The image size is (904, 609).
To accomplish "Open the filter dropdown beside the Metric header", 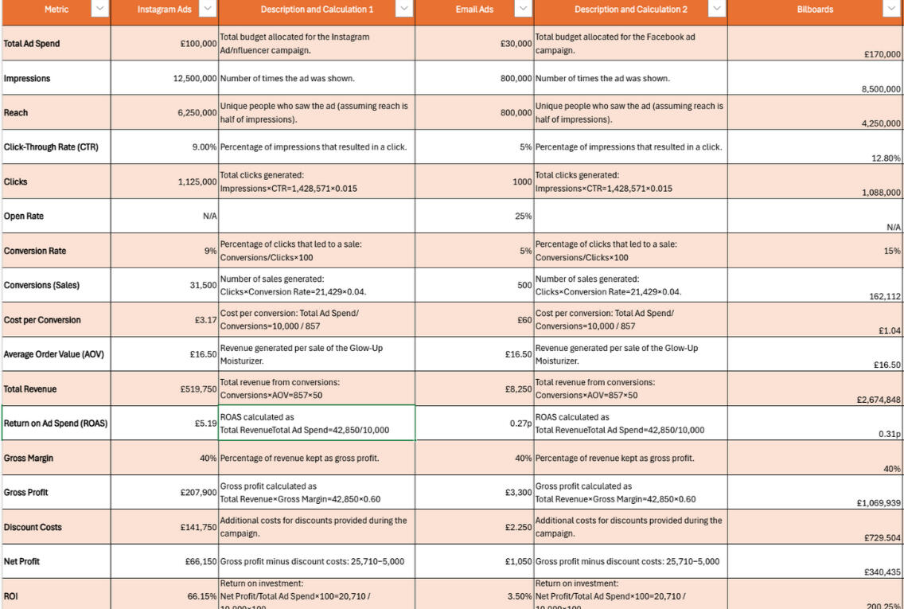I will coord(99,9).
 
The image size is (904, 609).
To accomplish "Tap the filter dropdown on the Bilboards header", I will coord(890,9).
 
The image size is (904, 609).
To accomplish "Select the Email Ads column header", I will coord(474,10).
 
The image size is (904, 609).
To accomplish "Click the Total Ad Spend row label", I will coord(32,44).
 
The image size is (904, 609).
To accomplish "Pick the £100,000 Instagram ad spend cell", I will coord(199,44).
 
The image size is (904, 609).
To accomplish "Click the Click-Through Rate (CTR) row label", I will coord(51,147).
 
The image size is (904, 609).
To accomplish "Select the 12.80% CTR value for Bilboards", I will coord(886,158).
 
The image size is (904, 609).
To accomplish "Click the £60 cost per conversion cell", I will coord(524,320).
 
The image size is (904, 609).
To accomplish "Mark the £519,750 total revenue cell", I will coord(198,389).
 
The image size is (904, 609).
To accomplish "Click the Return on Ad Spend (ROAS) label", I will coord(56,424).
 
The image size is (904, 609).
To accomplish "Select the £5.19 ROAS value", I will coord(205,424).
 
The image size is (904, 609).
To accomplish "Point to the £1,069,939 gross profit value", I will coord(879,503).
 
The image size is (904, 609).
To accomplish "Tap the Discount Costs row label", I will coord(33,527).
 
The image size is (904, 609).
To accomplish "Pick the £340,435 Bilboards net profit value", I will coord(882,572).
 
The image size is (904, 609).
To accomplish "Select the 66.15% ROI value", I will coord(202,596).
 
